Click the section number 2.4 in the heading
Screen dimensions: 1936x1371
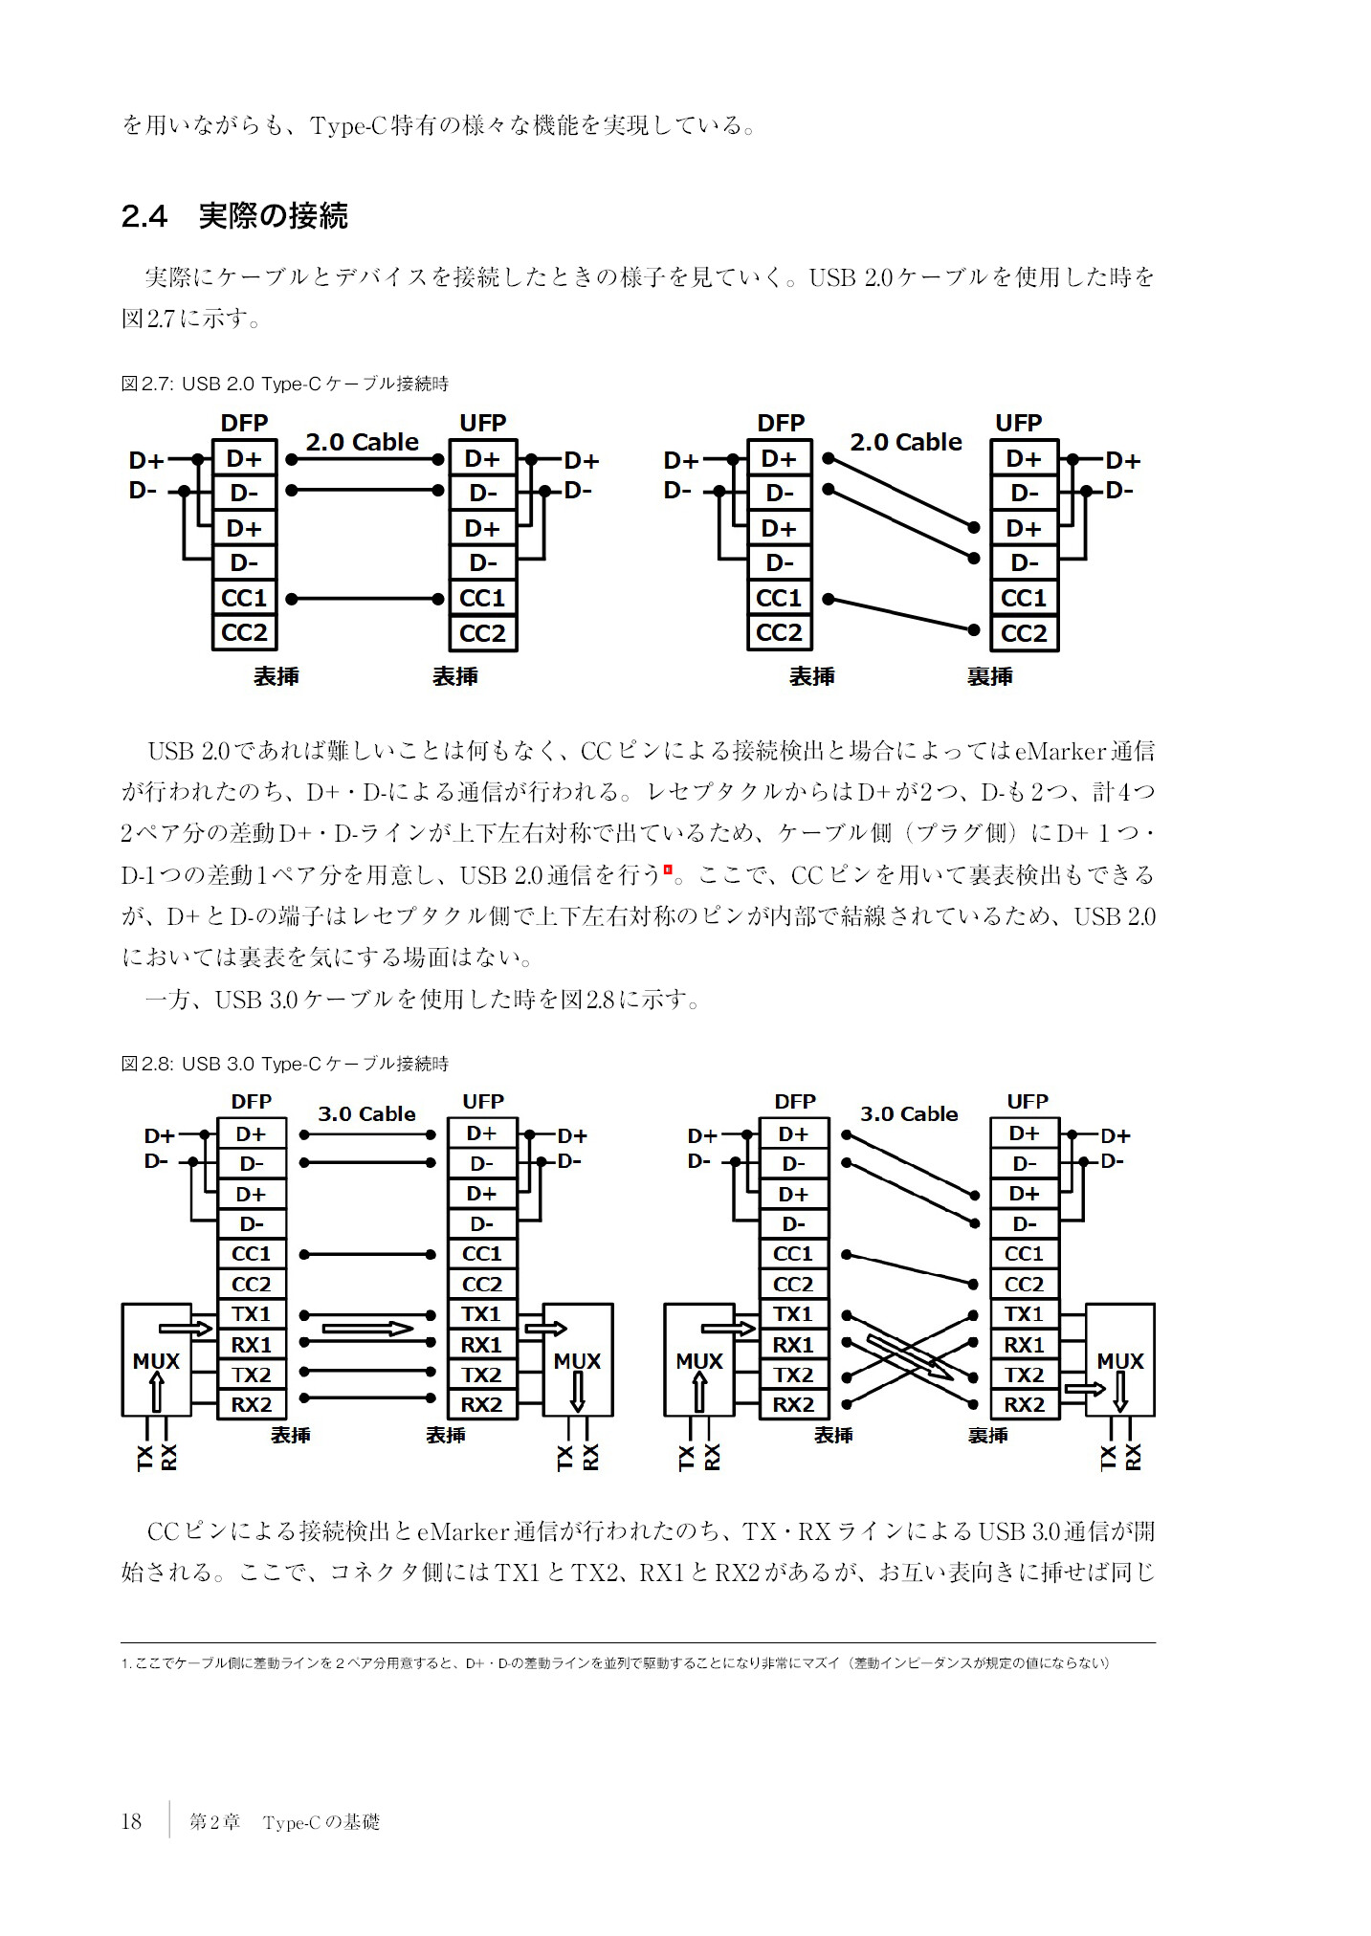pos(144,217)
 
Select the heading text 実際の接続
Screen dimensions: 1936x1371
pos(273,217)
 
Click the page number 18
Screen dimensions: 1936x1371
pos(131,1821)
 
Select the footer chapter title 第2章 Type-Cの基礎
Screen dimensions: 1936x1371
pos(284,1822)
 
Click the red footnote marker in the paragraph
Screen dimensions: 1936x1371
pos(668,869)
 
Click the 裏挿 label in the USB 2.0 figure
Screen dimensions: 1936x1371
pos(989,677)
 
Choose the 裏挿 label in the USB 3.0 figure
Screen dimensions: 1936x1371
pos(987,1436)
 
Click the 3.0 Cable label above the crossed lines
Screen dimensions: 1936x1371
pos(909,1114)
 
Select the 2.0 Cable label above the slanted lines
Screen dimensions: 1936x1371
pos(905,443)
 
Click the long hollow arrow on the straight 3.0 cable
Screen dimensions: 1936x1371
pos(367,1329)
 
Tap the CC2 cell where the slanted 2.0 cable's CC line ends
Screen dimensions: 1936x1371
pos(1024,633)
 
